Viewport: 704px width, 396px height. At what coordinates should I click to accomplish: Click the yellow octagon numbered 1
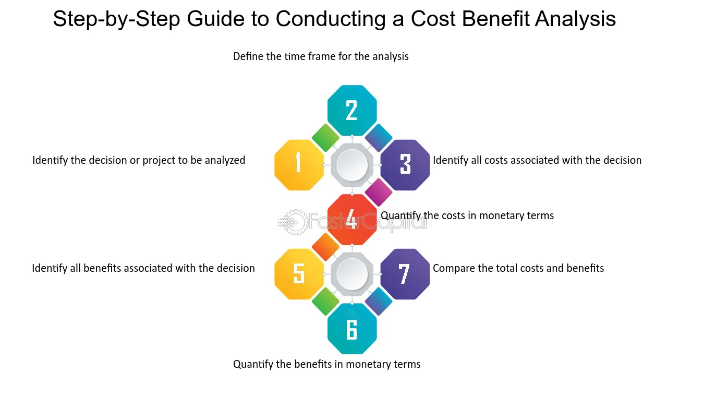[x=299, y=165]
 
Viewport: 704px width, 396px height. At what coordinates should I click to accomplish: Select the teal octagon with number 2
[x=352, y=111]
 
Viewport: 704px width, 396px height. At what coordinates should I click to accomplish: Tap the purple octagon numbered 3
[x=405, y=165]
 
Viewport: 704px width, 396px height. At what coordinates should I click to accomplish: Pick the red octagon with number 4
[x=352, y=220]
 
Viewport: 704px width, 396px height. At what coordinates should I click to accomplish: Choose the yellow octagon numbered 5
[x=299, y=274]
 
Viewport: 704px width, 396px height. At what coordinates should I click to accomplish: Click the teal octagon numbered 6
[x=352, y=329]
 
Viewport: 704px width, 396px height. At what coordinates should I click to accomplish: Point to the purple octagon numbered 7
[x=405, y=274]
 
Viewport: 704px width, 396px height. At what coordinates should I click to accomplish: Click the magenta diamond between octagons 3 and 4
[x=379, y=192]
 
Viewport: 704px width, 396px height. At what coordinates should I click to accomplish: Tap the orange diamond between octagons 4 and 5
[x=325, y=247]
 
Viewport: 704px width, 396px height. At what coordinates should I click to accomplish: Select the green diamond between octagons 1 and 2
[x=325, y=137]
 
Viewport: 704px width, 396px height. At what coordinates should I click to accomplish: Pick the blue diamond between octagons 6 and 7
[x=379, y=302]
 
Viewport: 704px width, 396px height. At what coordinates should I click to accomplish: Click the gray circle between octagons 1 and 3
[x=352, y=165]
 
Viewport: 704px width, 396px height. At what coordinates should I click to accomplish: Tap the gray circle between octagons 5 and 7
[x=352, y=274]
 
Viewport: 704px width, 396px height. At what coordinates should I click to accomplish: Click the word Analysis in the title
[x=576, y=19]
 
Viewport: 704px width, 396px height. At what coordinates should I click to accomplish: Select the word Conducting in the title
[x=330, y=19]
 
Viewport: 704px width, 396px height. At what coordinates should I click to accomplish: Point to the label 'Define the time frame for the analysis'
[x=321, y=56]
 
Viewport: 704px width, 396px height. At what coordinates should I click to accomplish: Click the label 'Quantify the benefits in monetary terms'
[x=327, y=364]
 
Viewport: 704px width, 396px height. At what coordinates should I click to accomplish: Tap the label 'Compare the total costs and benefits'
[x=518, y=268]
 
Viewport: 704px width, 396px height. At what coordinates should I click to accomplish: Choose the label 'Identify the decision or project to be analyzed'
[x=139, y=160]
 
